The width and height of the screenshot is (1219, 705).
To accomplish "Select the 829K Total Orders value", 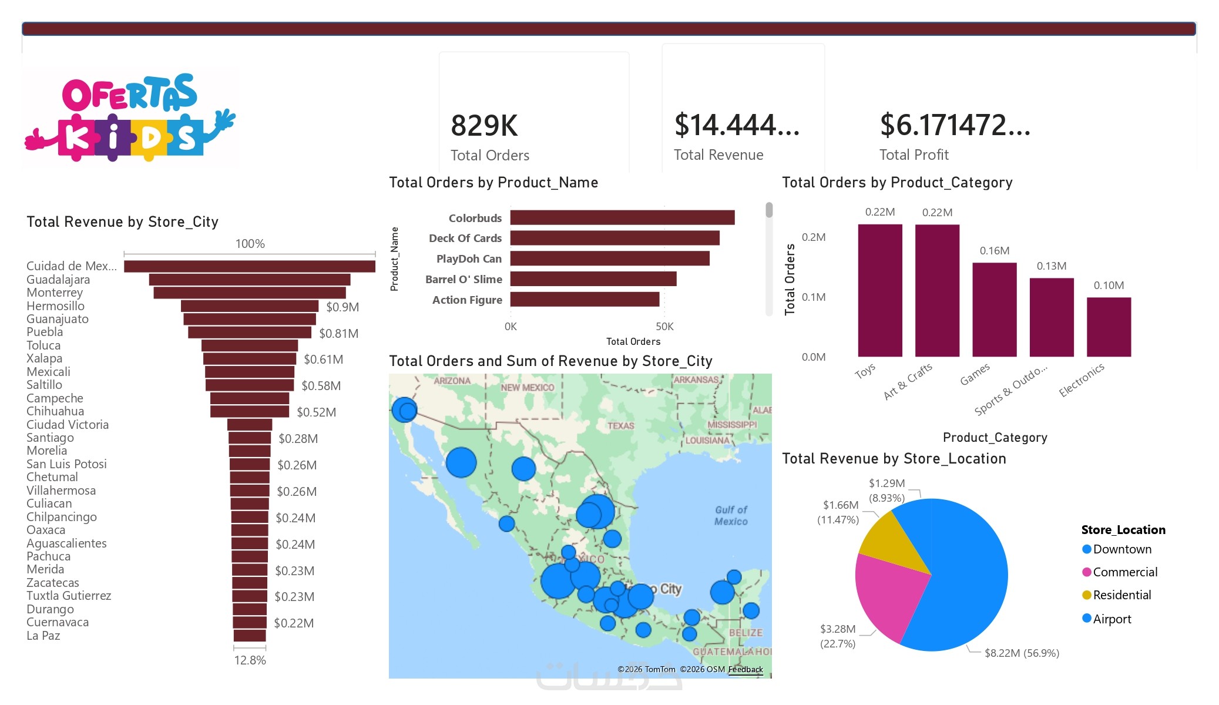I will click(x=484, y=126).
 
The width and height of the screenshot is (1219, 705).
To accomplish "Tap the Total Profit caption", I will click(x=914, y=155).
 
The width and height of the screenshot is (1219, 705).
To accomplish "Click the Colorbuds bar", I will click(x=622, y=218).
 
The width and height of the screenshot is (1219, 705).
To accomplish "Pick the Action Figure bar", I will click(x=585, y=300).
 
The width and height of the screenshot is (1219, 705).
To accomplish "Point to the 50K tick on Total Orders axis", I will click(x=664, y=327).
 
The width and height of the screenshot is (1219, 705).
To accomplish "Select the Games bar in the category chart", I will click(x=994, y=310).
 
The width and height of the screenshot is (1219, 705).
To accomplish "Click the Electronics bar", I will click(x=1109, y=327).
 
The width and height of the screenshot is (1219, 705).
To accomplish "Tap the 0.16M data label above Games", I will click(x=994, y=251).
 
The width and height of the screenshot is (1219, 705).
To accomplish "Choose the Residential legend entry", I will click(x=1121, y=595).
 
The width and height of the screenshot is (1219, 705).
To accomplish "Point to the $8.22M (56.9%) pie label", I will click(x=1022, y=653).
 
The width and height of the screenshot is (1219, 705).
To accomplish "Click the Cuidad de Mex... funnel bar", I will click(x=250, y=267).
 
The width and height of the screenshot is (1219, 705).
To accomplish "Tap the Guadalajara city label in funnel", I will click(x=58, y=280).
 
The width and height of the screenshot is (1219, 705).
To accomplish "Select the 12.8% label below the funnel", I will click(x=250, y=660).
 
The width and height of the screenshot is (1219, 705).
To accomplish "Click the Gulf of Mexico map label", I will click(x=731, y=516).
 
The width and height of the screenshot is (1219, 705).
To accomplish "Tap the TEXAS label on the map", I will click(x=620, y=426).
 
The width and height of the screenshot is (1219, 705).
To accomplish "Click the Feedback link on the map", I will click(x=745, y=670).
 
